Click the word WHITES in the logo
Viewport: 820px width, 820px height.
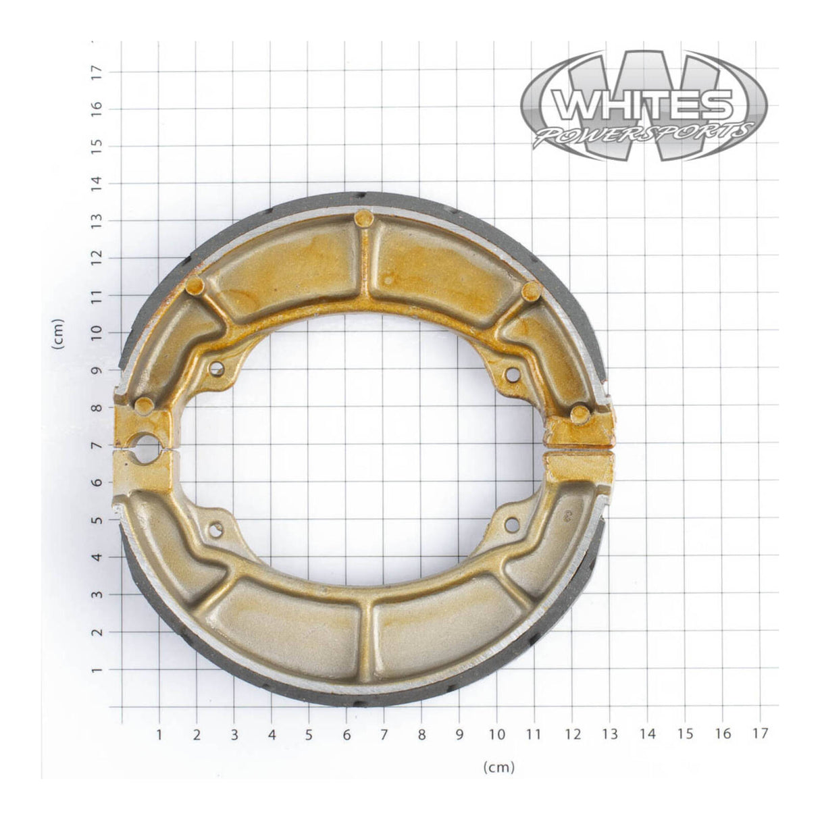tap(642, 105)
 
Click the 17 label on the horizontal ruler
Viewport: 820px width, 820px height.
tap(760, 734)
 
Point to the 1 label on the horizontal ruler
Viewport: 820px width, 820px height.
tap(159, 734)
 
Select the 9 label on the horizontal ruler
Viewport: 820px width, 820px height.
tap(460, 734)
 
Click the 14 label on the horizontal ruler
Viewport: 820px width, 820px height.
tap(647, 734)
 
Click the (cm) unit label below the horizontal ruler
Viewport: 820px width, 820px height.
tap(498, 767)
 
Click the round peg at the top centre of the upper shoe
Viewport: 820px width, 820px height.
tap(363, 217)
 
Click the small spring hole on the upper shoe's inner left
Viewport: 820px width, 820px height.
tap(217, 368)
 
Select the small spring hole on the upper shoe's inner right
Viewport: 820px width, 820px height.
tap(511, 372)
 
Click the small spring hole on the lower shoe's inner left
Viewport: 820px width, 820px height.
tap(216, 530)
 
